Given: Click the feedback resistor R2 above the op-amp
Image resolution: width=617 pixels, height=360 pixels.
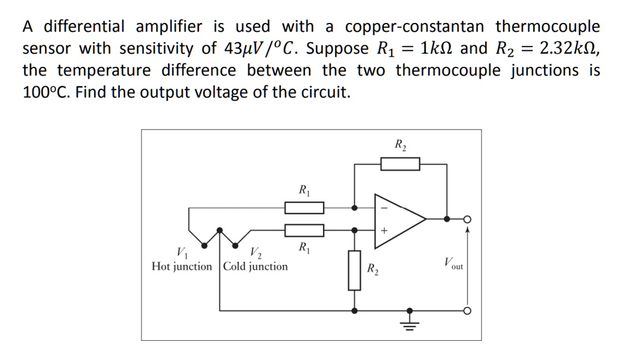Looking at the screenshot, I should point(399,163).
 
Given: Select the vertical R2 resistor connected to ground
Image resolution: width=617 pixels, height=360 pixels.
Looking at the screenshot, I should point(354,270).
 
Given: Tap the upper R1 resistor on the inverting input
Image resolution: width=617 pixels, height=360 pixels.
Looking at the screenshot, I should point(304,208).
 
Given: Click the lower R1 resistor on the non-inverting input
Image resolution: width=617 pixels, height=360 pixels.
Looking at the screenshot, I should point(304,230).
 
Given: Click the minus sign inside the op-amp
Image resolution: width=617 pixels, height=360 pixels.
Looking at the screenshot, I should point(384,209).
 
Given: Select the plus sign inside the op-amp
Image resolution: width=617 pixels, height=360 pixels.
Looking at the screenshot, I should point(384,230).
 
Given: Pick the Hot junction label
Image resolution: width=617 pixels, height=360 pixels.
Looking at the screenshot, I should point(182,266).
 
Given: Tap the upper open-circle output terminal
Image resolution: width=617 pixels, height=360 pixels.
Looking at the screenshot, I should point(466,219).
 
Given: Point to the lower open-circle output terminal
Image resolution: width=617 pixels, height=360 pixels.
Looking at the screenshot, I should point(466,311).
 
